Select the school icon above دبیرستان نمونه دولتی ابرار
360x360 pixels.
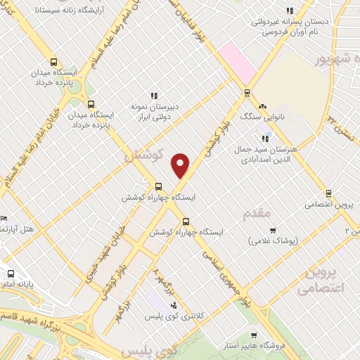[154, 96]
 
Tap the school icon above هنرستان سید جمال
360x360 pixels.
[264, 128]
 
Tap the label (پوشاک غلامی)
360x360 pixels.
[274, 241]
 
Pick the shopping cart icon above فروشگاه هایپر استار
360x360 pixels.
[253, 335]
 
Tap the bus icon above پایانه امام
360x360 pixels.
[11, 274]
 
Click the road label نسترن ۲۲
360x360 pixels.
[335, 127]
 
